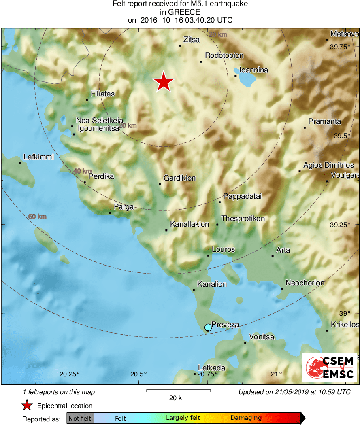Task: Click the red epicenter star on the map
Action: tap(163, 82)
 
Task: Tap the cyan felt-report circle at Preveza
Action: tap(208, 327)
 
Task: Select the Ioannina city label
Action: tap(254, 70)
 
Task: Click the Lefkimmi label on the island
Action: tap(38, 157)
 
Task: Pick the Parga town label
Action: tap(124, 207)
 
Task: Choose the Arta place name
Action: tap(283, 250)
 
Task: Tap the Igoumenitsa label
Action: tap(98, 128)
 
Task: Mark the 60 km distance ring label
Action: tap(37, 217)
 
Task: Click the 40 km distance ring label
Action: tap(82, 171)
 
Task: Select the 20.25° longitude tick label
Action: tap(70, 374)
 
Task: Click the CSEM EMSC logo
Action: tap(330, 368)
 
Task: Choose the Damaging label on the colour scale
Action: tap(246, 418)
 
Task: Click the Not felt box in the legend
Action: tap(80, 418)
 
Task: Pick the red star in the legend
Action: tap(27, 406)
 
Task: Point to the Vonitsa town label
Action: tap(262, 337)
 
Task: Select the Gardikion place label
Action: tap(179, 178)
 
